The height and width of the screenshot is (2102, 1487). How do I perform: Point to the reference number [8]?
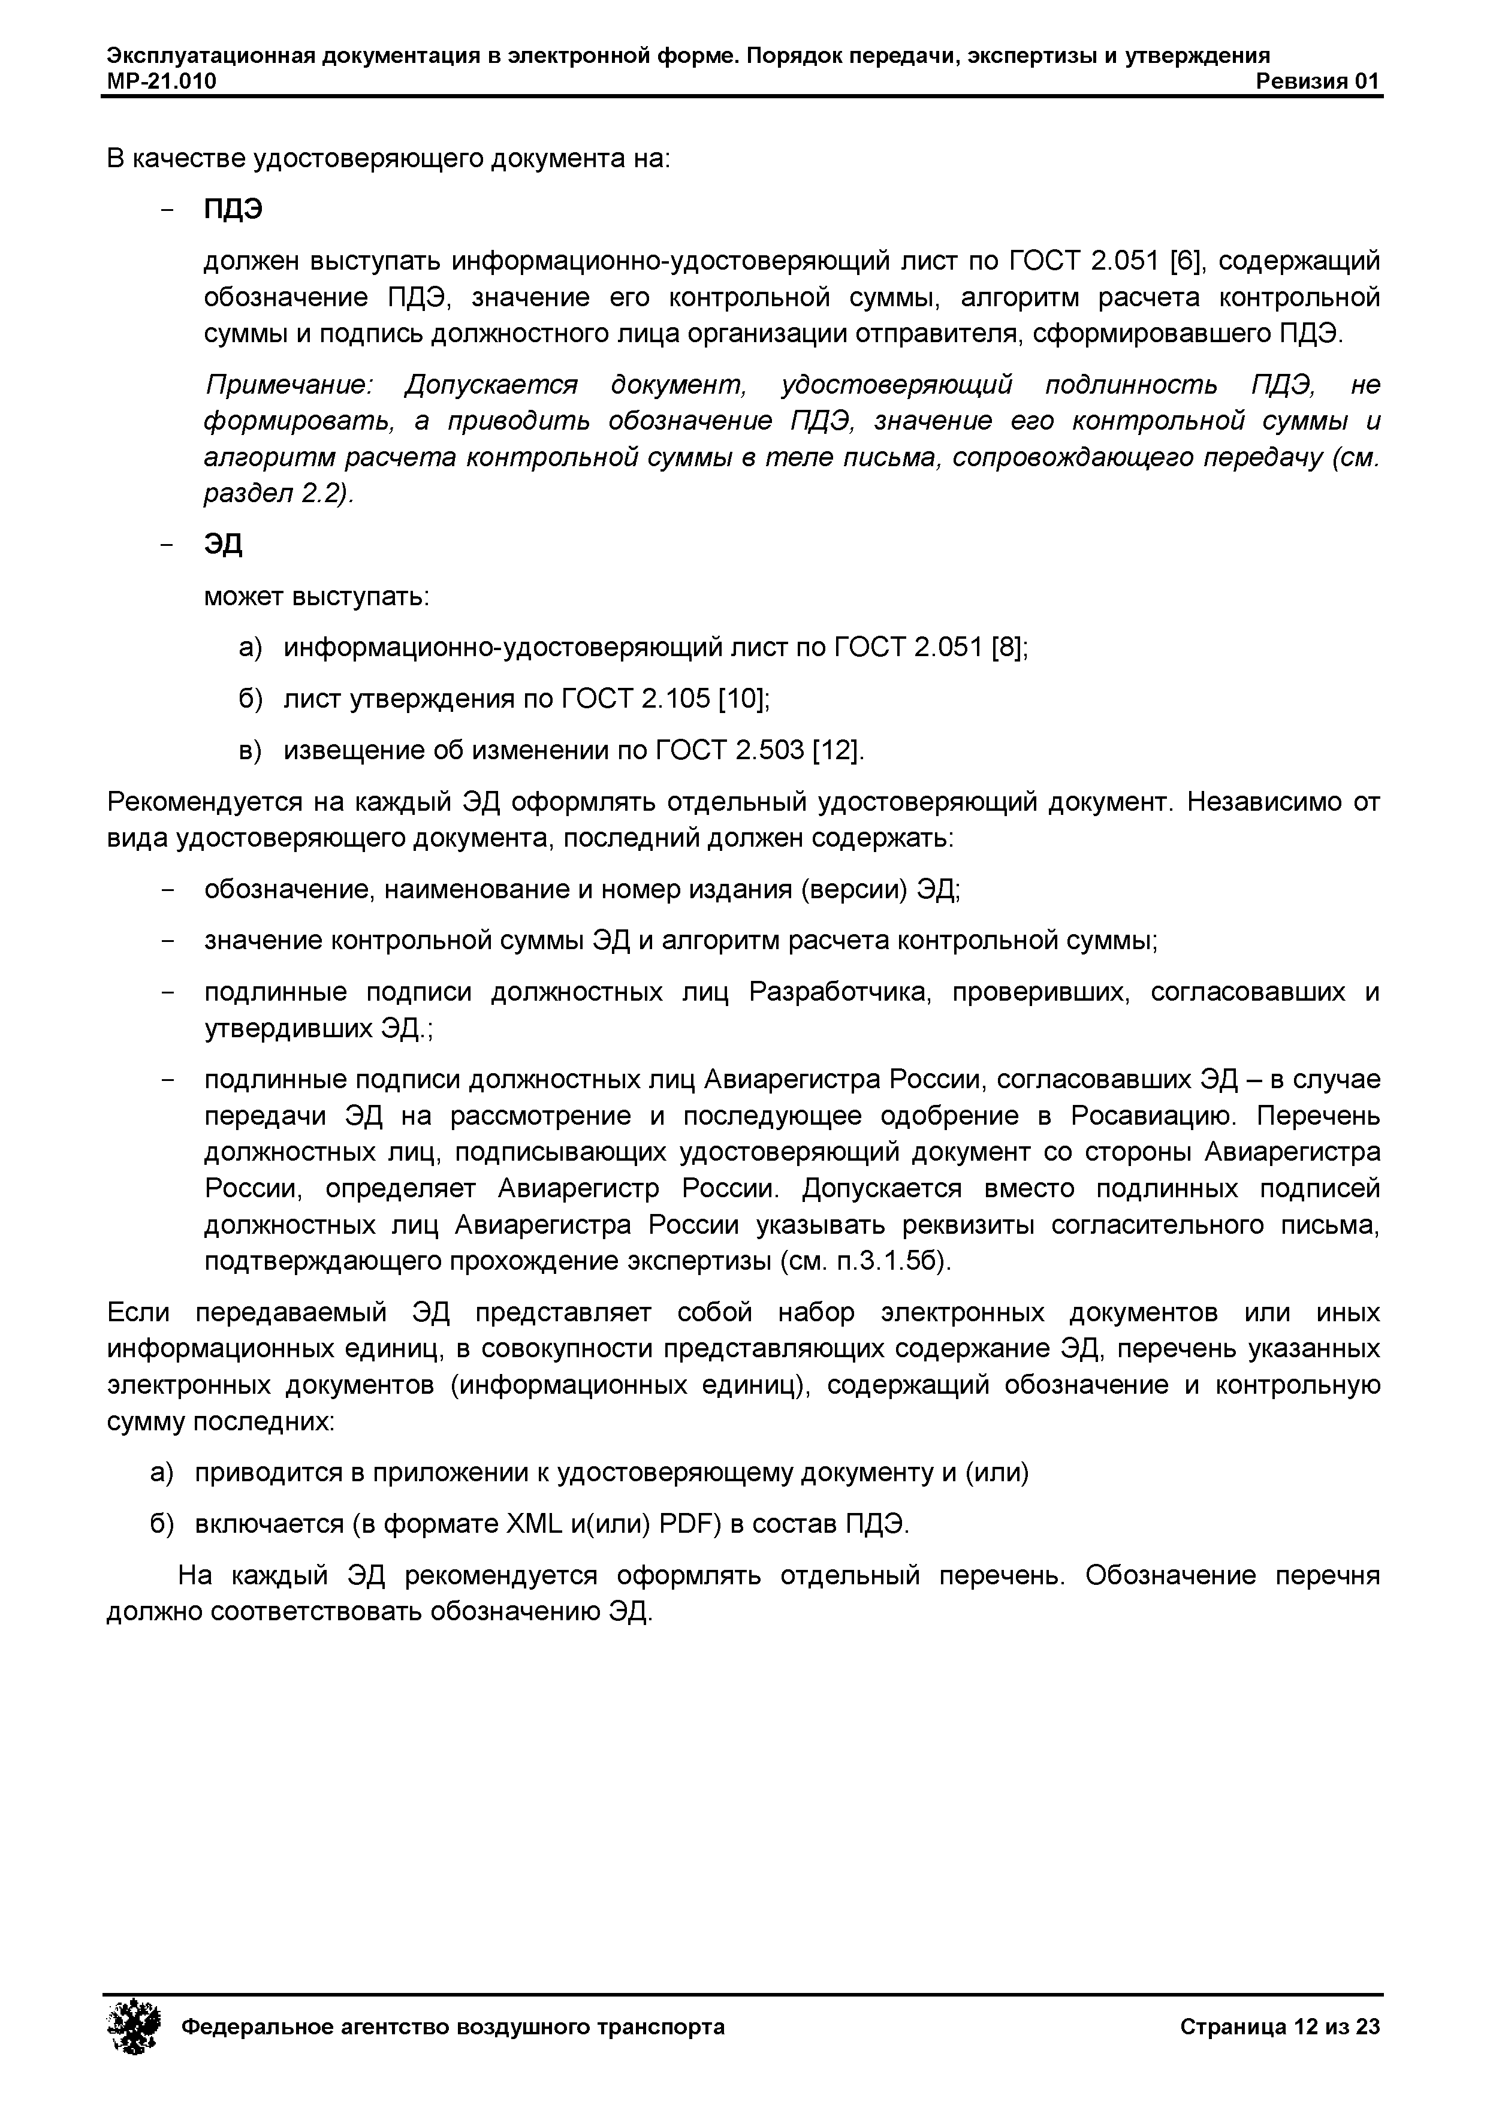click(1009, 648)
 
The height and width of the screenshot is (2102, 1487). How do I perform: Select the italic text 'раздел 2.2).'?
click(278, 494)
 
